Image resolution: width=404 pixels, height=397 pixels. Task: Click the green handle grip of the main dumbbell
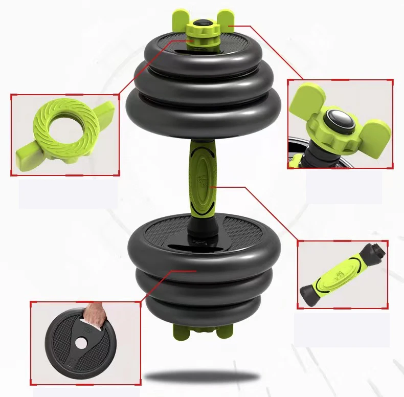coord(202,179)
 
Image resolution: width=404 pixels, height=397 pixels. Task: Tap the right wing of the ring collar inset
coord(105,110)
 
